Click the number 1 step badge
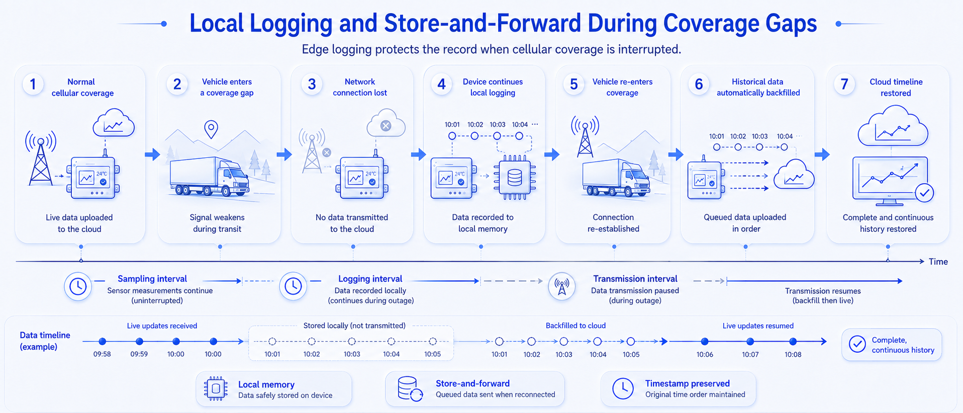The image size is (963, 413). [33, 84]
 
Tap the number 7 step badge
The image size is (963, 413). [844, 84]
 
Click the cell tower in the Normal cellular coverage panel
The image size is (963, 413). [41, 158]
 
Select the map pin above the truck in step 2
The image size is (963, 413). [211, 129]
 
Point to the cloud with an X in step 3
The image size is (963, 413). [386, 123]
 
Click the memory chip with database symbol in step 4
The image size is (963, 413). [515, 178]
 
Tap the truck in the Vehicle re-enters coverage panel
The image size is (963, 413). [616, 178]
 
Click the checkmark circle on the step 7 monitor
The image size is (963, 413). [924, 193]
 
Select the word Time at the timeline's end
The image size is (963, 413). [938, 262]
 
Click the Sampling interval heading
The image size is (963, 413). [152, 279]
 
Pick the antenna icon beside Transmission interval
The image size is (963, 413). [561, 287]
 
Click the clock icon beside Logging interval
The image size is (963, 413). [293, 286]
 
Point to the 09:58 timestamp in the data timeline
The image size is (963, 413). [102, 354]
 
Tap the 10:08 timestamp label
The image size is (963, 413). [793, 355]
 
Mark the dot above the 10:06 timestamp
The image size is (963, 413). [705, 342]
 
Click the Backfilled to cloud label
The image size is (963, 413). [575, 325]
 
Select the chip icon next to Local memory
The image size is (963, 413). [216, 388]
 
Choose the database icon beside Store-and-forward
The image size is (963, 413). [410, 389]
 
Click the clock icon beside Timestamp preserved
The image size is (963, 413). [623, 388]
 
